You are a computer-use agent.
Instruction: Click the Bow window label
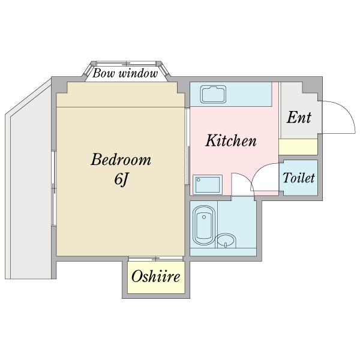(x=125, y=74)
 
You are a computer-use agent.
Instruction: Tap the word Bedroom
(x=121, y=160)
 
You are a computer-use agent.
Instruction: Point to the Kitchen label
(x=231, y=142)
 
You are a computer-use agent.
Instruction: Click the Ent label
(x=299, y=117)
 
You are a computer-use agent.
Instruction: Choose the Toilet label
(x=299, y=178)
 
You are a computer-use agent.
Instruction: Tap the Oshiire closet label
(x=156, y=278)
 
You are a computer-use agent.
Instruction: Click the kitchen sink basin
(x=212, y=95)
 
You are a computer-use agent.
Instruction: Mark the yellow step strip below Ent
(x=298, y=146)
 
